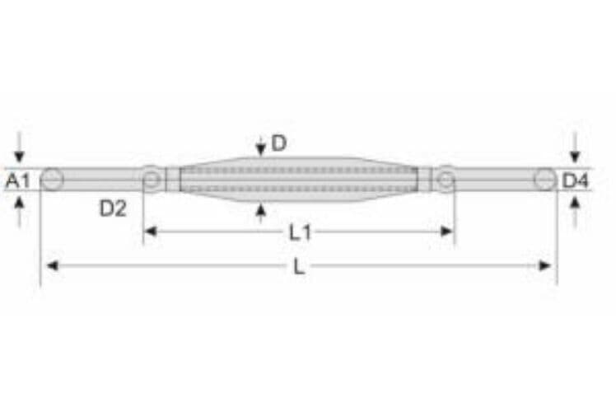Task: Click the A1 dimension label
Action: tap(18, 180)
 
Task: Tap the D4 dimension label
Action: tap(575, 180)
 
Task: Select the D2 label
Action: tap(113, 208)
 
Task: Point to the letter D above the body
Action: tap(278, 143)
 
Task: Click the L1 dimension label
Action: tap(300, 232)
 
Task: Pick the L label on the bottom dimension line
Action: tap(299, 267)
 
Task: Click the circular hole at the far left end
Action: tap(52, 179)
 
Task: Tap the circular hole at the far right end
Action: tap(544, 179)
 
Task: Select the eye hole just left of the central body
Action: tap(151, 179)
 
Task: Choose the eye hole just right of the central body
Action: tap(446, 179)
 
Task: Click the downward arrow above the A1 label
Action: tap(19, 153)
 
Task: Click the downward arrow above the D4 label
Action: tap(575, 153)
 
